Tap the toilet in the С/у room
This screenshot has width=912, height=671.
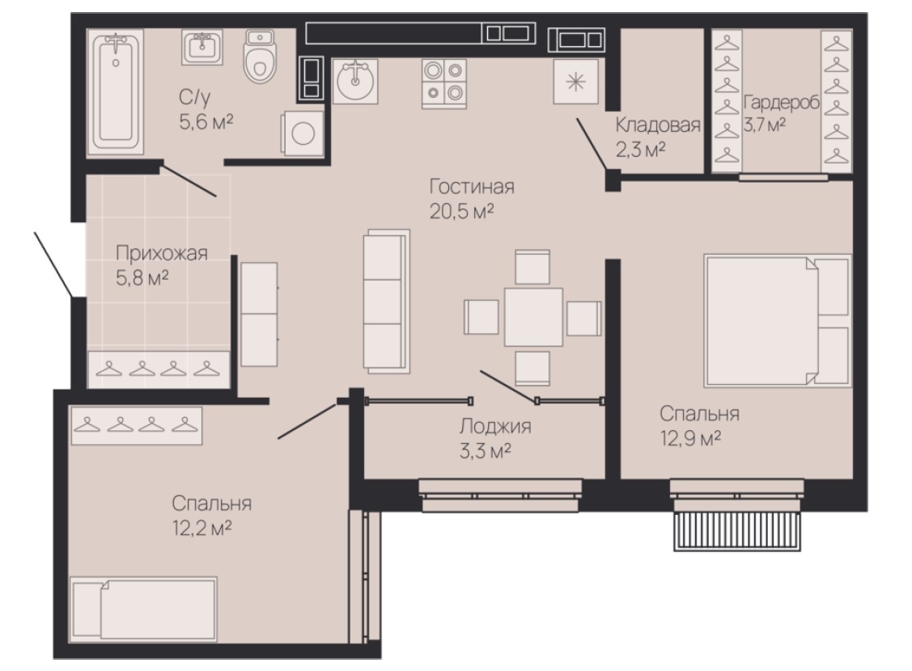click(x=260, y=56)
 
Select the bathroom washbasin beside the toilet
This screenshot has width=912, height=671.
click(x=201, y=47)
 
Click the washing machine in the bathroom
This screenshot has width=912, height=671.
click(x=303, y=133)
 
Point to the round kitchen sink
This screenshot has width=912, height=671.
click(x=355, y=82)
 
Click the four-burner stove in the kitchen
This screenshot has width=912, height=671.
click(x=444, y=84)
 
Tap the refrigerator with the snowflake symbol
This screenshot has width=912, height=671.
click(x=576, y=82)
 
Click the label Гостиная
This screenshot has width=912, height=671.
click(x=472, y=187)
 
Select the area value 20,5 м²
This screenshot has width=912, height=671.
click(x=462, y=212)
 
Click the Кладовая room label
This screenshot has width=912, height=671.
click(x=658, y=125)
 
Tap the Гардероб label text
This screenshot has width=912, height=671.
click(x=781, y=103)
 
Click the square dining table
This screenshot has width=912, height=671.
click(x=533, y=317)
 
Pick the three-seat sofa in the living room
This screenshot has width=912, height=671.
click(x=387, y=301)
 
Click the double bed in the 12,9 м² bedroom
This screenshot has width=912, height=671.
click(x=777, y=320)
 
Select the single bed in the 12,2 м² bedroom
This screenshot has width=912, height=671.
click(x=144, y=609)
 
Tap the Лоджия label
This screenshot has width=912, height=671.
click(x=495, y=426)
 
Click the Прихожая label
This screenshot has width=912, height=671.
click(x=162, y=253)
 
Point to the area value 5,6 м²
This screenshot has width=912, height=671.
click(x=206, y=122)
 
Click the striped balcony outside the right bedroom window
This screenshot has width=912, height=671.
click(x=737, y=530)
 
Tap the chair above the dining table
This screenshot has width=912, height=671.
click(x=532, y=267)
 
